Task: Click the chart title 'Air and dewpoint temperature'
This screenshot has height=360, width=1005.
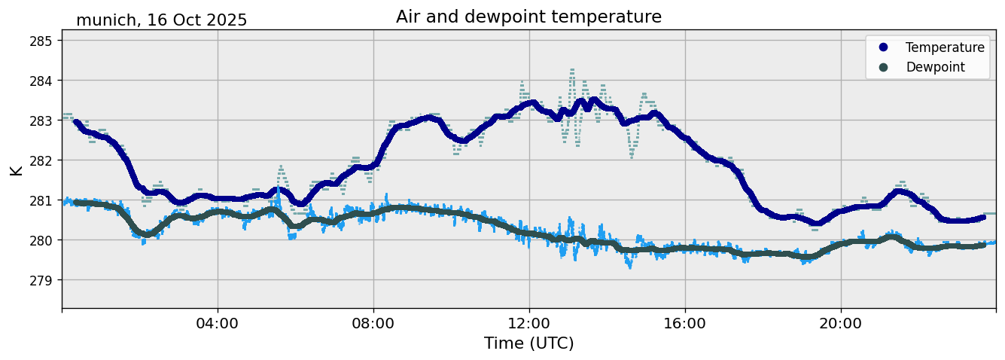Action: (x=528, y=17)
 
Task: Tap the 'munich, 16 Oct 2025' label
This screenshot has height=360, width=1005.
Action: (x=161, y=20)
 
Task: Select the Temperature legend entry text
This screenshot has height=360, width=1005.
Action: (x=945, y=47)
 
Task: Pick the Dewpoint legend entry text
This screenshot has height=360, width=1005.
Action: (x=935, y=67)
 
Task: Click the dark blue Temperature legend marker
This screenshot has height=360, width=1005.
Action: (x=884, y=47)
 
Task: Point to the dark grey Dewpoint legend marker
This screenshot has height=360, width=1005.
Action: (x=884, y=67)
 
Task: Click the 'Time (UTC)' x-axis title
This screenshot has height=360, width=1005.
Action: (x=528, y=343)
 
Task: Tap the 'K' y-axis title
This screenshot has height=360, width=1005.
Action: (x=16, y=169)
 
